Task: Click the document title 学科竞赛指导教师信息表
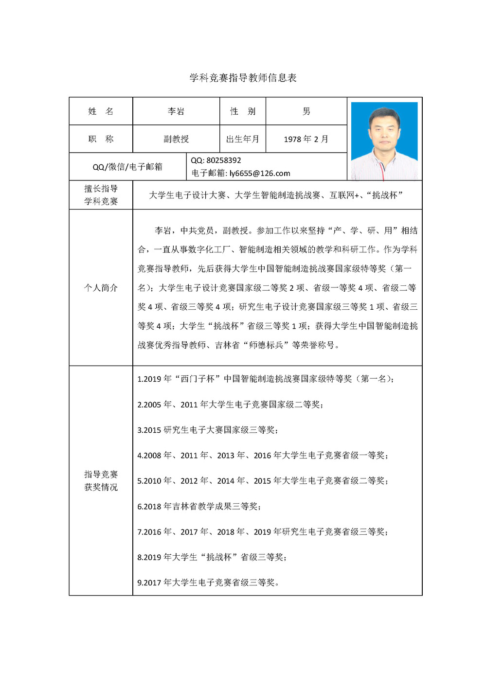pyautogui.click(x=243, y=78)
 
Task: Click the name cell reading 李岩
pyautogui.click(x=176, y=111)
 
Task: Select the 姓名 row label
pyautogui.click(x=101, y=111)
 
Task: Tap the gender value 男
pyautogui.click(x=306, y=111)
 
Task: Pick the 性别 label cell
pyautogui.click(x=243, y=111)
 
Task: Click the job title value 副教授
pyautogui.click(x=176, y=139)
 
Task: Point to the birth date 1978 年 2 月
pyautogui.click(x=306, y=139)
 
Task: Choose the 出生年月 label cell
pyautogui.click(x=243, y=139)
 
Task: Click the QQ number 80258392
pyautogui.click(x=223, y=160)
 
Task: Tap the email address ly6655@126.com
pyautogui.click(x=260, y=173)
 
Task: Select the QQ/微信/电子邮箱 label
pyautogui.click(x=127, y=167)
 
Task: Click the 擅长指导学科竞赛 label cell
pyautogui.click(x=101, y=195)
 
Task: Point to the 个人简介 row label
pyautogui.click(x=101, y=288)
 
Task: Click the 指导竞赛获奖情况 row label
pyautogui.click(x=101, y=480)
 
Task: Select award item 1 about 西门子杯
pyautogui.click(x=265, y=379)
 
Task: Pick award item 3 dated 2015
pyautogui.click(x=208, y=430)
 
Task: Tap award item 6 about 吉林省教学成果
pyautogui.click(x=199, y=506)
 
